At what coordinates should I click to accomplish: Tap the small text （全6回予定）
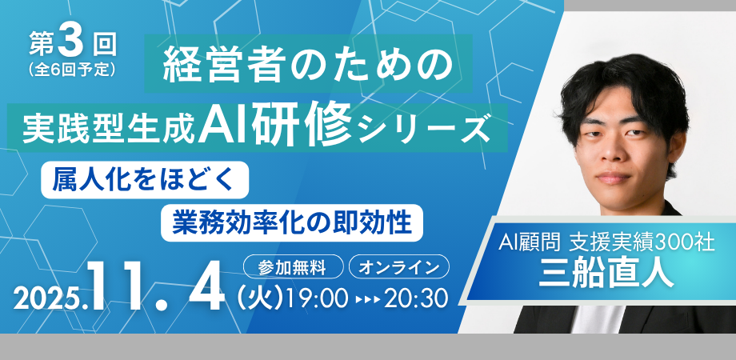(x=71, y=70)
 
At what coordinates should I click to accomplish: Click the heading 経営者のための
(x=308, y=64)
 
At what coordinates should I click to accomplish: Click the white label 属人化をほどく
(x=145, y=180)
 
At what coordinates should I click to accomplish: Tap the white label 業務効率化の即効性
(x=292, y=222)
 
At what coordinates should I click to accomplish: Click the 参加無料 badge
(x=294, y=266)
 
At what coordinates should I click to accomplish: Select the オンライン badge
(x=399, y=266)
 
